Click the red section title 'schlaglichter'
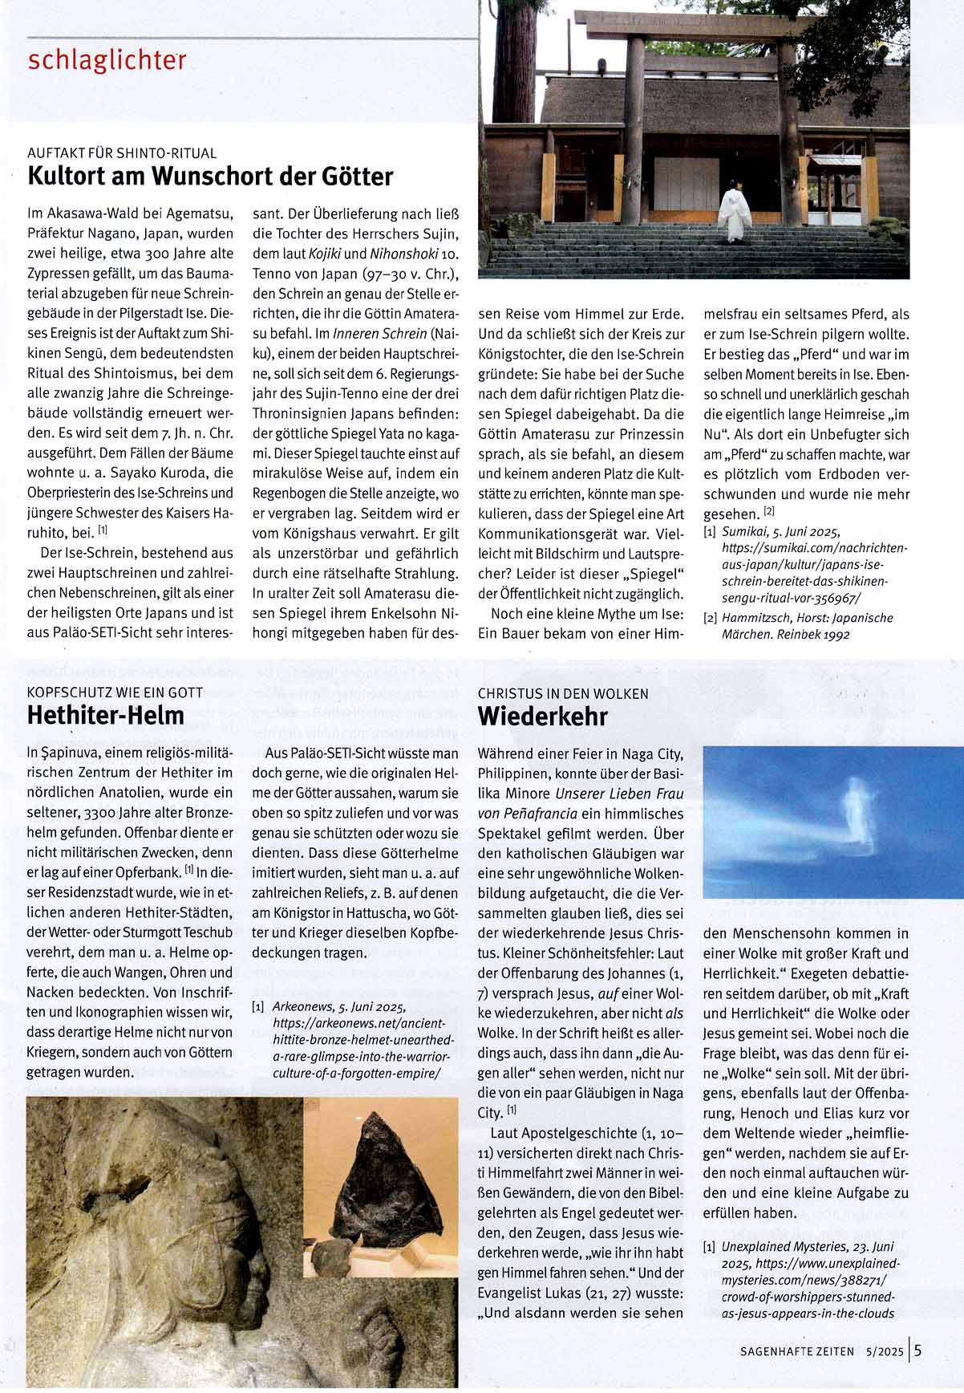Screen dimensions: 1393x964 pos(107,61)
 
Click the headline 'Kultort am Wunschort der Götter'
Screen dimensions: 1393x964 pos(210,176)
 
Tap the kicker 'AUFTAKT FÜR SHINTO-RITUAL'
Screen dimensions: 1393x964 pos(122,152)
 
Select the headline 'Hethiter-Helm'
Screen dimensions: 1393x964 pos(106,714)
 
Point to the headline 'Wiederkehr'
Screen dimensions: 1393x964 pos(542,716)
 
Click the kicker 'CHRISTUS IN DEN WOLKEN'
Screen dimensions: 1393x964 pos(563,693)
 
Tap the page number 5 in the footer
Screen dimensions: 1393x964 pos(917,1350)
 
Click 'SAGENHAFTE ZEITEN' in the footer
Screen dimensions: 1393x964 pos(797,1351)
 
